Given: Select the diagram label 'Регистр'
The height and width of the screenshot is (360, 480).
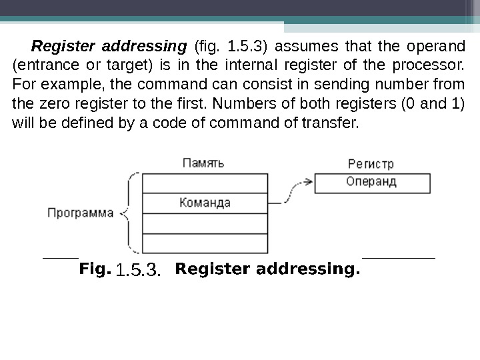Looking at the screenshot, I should (x=370, y=163).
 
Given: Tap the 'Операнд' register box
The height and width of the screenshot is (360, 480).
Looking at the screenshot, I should (x=371, y=181).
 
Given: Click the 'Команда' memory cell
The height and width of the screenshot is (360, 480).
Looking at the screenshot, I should (x=205, y=203).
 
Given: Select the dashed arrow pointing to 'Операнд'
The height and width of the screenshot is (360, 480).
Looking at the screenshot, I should (x=293, y=190).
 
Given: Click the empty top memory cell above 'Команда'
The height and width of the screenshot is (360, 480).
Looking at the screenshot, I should (x=205, y=183).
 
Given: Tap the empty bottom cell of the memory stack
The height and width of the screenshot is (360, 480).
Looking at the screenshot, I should (x=205, y=243).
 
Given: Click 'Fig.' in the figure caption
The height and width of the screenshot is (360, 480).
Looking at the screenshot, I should (x=94, y=269).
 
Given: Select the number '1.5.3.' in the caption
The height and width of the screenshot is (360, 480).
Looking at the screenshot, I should (x=138, y=270).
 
